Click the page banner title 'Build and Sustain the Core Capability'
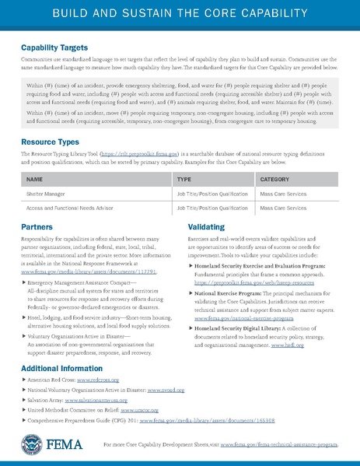click(180, 14)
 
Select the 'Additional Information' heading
click(61, 367)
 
